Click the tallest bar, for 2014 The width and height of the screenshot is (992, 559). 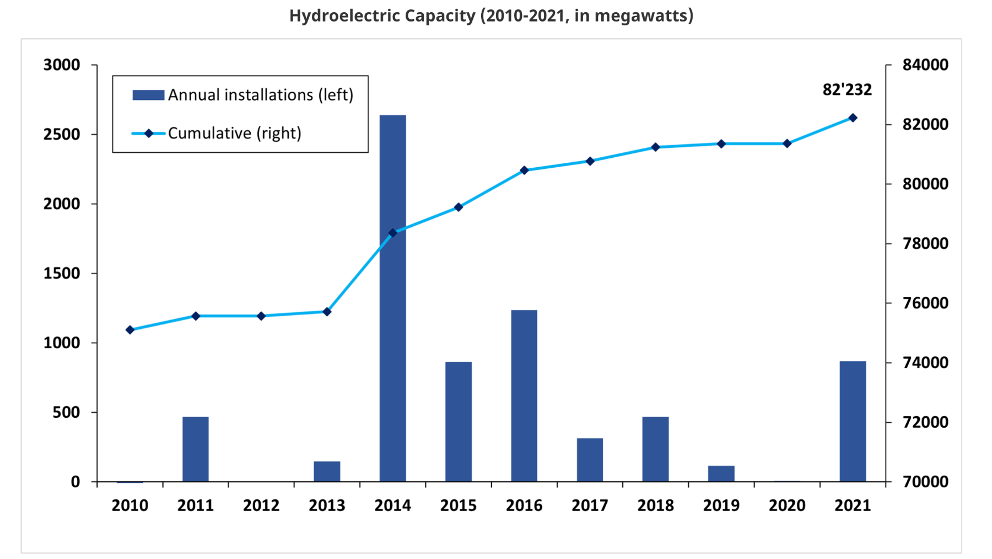point(392,298)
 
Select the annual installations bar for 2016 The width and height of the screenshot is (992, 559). point(524,396)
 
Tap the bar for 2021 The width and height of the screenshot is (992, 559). point(853,421)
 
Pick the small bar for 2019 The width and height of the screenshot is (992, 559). point(721,473)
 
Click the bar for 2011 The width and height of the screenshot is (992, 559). point(196,449)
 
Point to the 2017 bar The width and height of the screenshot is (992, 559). point(590,460)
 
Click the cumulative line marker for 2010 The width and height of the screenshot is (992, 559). point(130,330)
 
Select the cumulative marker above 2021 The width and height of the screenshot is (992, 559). point(853,118)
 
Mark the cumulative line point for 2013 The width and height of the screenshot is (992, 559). point(327,312)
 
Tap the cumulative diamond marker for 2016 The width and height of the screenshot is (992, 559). point(524,171)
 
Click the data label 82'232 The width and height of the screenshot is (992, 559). point(847,89)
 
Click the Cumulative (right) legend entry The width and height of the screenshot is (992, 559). point(234,134)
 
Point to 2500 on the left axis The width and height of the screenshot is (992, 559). point(62,135)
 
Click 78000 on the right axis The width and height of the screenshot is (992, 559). point(925,243)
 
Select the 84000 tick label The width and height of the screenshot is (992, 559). point(925,65)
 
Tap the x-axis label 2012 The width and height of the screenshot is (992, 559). point(261,505)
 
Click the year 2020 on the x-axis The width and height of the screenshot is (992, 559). point(787,505)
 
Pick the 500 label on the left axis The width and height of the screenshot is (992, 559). point(66,412)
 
